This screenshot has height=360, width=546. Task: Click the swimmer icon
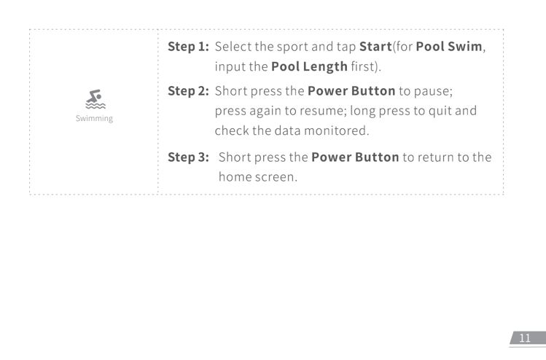(x=93, y=97)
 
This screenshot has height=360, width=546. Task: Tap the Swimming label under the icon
(x=93, y=117)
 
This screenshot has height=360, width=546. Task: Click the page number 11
(x=525, y=338)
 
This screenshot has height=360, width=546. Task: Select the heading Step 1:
(x=189, y=47)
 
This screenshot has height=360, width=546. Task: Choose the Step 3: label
(x=189, y=157)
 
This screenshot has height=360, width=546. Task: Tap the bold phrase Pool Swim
(x=448, y=47)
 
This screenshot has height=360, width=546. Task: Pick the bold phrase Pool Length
(x=309, y=67)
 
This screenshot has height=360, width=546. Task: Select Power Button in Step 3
(x=355, y=157)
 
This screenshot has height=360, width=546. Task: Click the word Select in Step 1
(x=234, y=47)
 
